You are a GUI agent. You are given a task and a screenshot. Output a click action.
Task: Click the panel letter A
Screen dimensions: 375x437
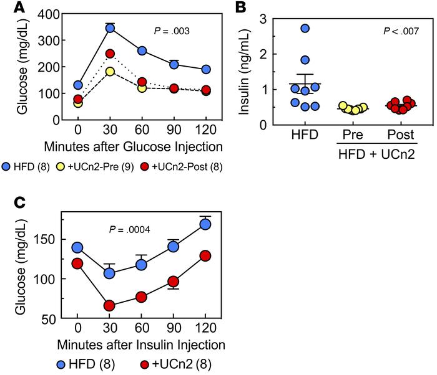tap(8, 9)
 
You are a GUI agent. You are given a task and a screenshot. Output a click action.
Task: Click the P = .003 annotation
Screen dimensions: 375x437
tap(172, 30)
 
